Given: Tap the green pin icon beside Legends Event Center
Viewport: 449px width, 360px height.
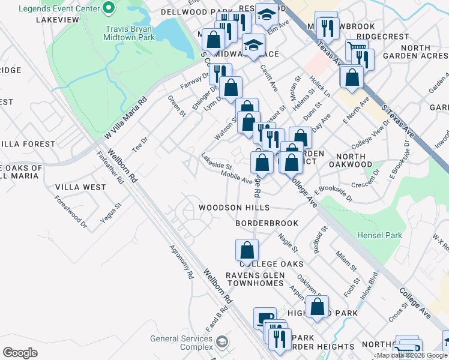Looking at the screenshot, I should tap(109, 8).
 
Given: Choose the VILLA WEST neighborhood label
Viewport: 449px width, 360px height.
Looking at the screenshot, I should tap(80, 187).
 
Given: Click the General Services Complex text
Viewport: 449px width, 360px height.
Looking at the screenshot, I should tap(181, 343).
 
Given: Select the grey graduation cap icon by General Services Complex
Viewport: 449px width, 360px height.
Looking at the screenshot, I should tap(222, 343).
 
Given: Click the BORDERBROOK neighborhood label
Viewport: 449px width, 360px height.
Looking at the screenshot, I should tap(267, 223).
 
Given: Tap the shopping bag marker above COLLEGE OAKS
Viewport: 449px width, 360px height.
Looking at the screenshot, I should tap(247, 249).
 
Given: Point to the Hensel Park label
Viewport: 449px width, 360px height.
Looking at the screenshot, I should tap(379, 236).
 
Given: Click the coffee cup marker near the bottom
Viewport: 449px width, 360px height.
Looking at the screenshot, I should tap(265, 318).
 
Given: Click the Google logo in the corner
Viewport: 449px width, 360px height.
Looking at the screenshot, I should tap(20, 352).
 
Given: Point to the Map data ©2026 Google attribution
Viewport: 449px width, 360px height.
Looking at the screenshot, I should tap(412, 355).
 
